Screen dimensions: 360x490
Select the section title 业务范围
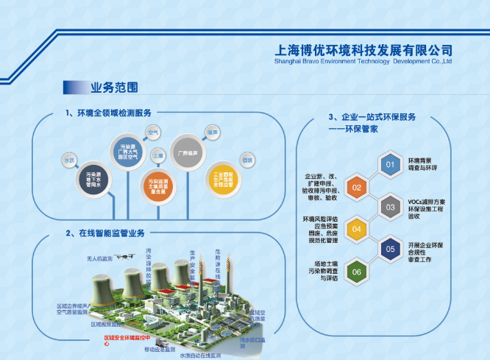tap(113, 88)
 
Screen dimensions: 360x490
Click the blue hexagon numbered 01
tap(390, 164)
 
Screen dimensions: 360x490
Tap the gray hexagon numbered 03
tap(390, 208)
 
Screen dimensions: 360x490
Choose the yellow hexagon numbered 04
tap(357, 228)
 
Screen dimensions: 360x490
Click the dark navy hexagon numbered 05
tap(390, 250)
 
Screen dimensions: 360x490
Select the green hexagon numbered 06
tap(357, 272)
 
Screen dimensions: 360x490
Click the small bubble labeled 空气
tap(155, 132)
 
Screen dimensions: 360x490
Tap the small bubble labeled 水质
tap(71, 159)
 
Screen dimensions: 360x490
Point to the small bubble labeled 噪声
tap(213, 132)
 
